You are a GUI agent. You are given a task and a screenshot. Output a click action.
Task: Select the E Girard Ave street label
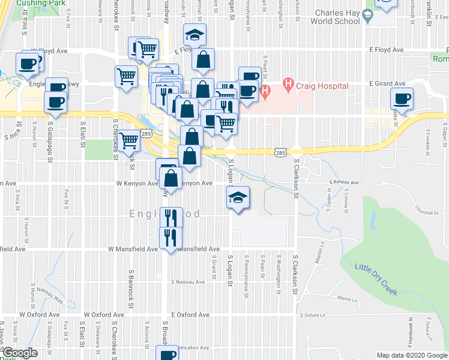388,83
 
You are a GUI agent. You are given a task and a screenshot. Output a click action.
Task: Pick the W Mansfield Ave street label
133,248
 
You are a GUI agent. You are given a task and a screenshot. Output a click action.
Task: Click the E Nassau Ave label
190,281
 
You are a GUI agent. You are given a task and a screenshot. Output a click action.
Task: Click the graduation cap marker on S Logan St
238,199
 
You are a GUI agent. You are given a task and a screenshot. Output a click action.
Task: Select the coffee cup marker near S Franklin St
402,99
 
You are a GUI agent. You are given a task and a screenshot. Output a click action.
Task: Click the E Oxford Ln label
316,315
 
